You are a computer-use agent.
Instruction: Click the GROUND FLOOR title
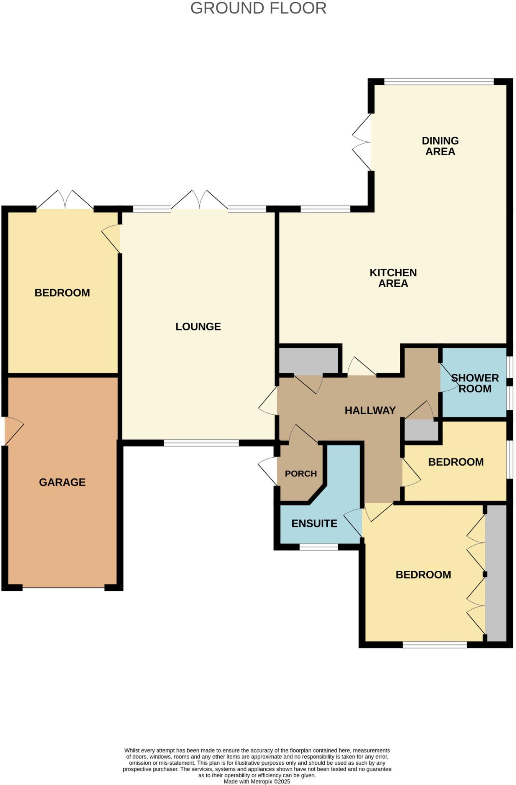pos(258,8)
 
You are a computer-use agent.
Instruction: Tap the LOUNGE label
pos(198,327)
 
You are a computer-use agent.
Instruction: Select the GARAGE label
pos(62,482)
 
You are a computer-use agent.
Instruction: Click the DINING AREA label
pos(440,146)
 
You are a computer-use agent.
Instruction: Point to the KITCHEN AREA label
pos(393,278)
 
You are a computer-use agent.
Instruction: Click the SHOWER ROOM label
pos(475,383)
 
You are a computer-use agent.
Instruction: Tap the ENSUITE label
pos(314,524)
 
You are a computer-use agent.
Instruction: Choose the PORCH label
pos(301,474)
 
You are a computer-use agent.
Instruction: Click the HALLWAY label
pos(370,411)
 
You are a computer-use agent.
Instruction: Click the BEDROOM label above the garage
pos(62,293)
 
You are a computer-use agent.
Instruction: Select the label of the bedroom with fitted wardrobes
pos(423,575)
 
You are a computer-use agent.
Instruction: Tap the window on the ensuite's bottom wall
pos(318,547)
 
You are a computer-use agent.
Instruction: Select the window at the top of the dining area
pos(439,81)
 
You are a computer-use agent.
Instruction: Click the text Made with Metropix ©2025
pos(257,781)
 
